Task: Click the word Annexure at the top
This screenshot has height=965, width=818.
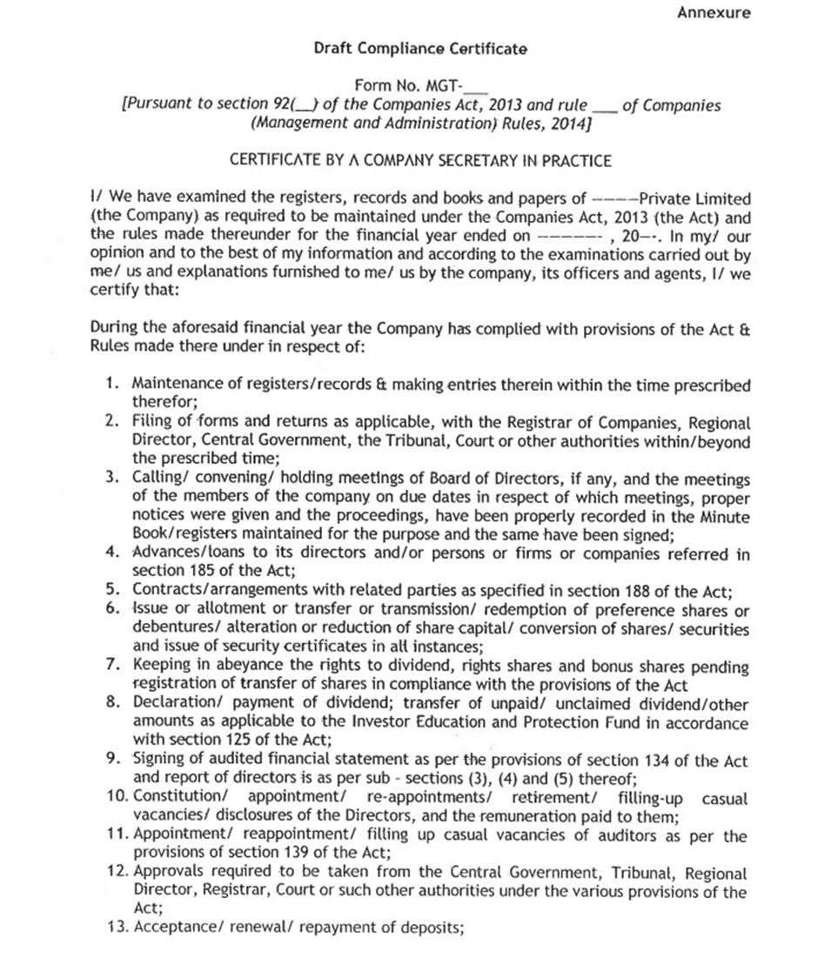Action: (714, 13)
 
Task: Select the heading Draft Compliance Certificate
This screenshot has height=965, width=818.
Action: (420, 49)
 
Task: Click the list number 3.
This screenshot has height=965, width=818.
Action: (112, 478)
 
